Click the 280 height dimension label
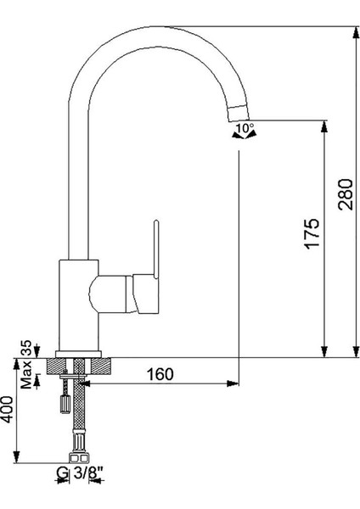point(345,194)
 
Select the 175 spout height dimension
point(312,234)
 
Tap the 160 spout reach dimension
point(160,374)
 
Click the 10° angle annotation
point(245,127)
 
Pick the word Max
point(26,374)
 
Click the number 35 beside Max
point(26,347)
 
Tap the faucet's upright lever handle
point(156,249)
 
